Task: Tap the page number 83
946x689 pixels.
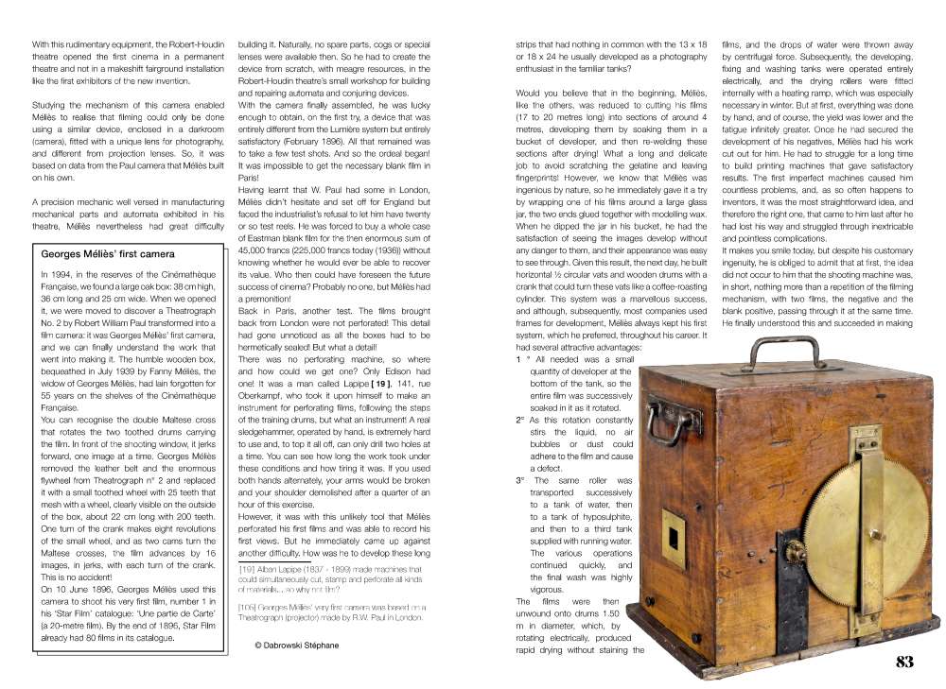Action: tap(904, 662)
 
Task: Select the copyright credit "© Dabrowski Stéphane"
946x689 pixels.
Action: tap(296, 645)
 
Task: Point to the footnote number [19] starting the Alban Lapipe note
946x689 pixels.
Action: tap(247, 570)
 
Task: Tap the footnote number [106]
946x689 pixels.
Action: tap(249, 606)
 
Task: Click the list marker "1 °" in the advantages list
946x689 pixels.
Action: tap(522, 360)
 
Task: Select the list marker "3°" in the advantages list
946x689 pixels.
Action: tap(520, 480)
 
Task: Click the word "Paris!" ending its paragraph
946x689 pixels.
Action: tap(250, 177)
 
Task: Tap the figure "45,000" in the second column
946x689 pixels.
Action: tap(255, 250)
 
